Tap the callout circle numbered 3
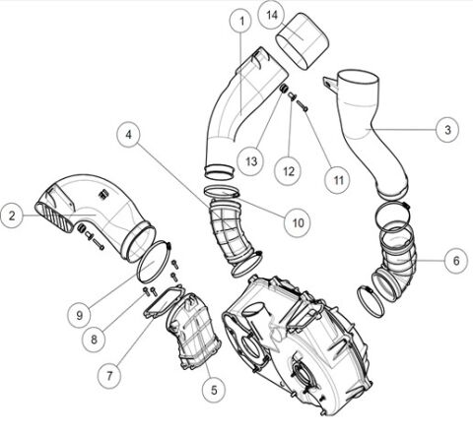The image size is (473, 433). pyautogui.click(x=447, y=129)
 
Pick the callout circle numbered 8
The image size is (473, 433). pyautogui.click(x=95, y=338)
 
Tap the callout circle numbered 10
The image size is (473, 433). pyautogui.click(x=296, y=222)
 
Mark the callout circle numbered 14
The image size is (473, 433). pyautogui.click(x=273, y=14)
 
